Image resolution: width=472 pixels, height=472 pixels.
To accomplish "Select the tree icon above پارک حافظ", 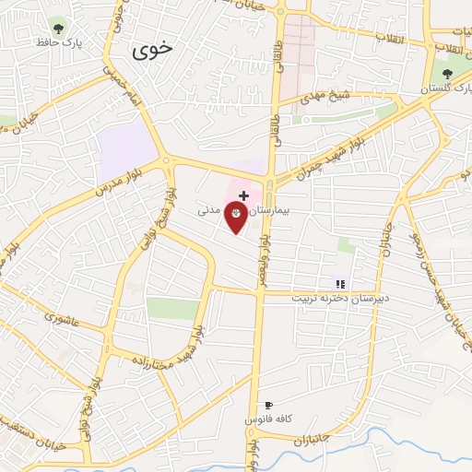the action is click(60, 26).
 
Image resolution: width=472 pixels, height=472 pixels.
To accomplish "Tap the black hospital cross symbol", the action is click(243, 195).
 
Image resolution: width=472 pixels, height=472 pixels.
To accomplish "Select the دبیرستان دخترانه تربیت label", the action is click(329, 299).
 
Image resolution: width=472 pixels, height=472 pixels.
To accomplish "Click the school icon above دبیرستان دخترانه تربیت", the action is click(340, 284).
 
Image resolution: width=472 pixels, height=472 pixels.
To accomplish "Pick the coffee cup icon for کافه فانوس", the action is click(269, 406).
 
